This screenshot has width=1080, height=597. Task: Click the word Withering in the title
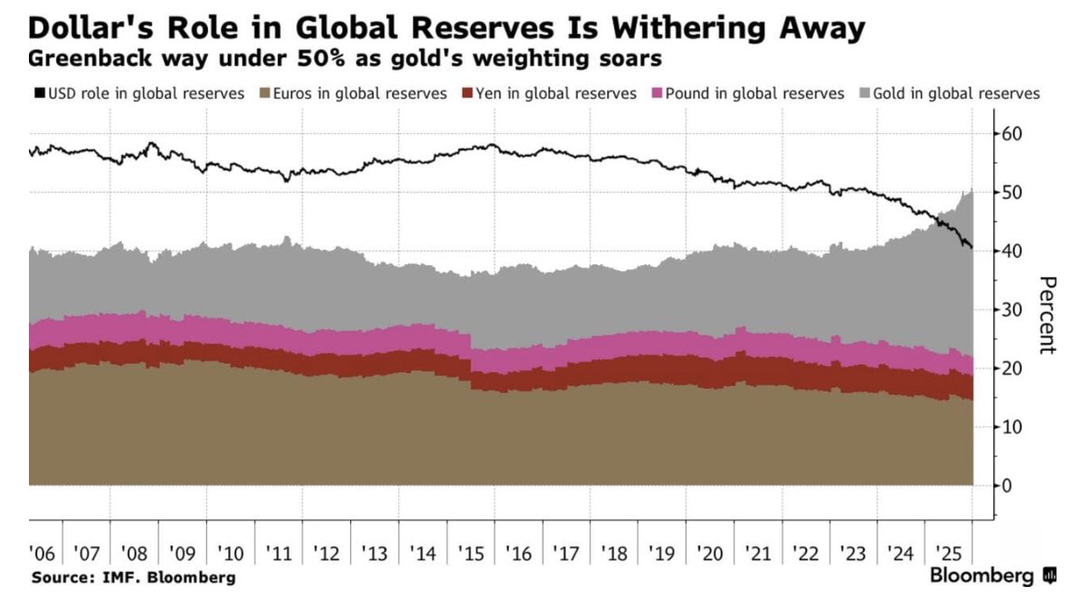coord(696,29)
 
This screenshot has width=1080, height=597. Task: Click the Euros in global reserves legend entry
coord(353,93)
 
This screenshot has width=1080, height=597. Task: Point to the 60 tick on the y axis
coord(1011,134)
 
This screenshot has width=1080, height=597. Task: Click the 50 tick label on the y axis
coord(1011,193)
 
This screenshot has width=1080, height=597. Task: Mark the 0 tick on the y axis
coord(1007,486)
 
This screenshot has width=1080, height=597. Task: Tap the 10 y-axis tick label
coord(1011,427)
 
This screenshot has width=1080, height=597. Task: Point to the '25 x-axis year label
coord(949,553)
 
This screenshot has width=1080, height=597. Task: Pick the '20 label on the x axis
coord(711,553)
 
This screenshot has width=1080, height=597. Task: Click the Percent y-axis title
coord(1047,316)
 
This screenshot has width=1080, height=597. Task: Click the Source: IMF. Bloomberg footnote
coord(133,577)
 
